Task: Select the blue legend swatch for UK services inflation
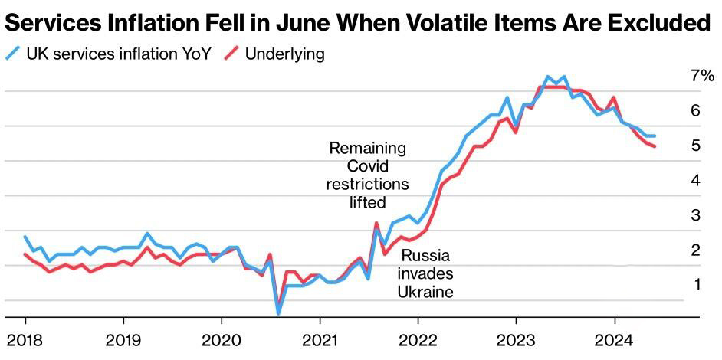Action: (13, 54)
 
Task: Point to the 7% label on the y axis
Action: (702, 77)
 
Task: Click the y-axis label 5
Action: (695, 146)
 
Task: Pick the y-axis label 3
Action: (695, 215)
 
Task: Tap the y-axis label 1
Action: (695, 284)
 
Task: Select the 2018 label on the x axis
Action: (25, 341)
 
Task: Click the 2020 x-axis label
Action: (222, 341)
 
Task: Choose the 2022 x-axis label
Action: (418, 341)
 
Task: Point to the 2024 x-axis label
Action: (614, 341)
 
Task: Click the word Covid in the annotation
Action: (368, 166)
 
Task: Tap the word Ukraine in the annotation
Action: (425, 291)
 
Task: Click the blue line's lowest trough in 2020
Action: (278, 313)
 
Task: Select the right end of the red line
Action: (655, 146)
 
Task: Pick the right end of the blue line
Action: (655, 136)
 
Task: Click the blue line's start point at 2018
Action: (25, 237)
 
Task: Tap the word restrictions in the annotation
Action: (368, 184)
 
